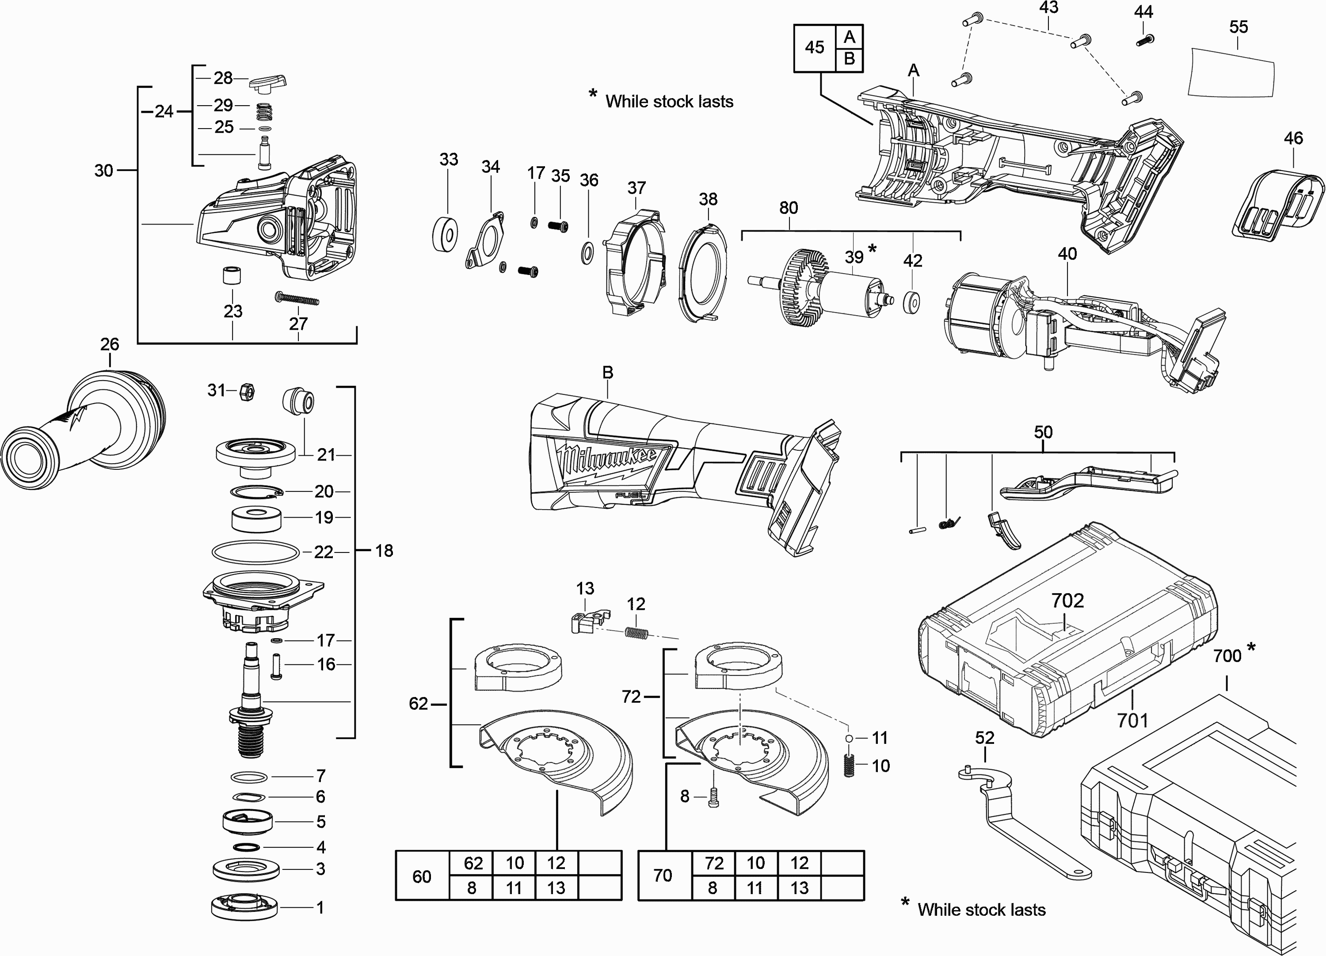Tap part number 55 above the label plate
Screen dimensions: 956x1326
(1238, 27)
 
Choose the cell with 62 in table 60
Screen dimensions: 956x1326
(473, 863)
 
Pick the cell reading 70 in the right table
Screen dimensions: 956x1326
(663, 875)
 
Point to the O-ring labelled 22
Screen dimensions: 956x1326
(255, 552)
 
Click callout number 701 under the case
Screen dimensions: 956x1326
(1132, 720)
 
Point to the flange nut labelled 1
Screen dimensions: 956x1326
(244, 906)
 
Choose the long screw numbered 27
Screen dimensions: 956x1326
(297, 299)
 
